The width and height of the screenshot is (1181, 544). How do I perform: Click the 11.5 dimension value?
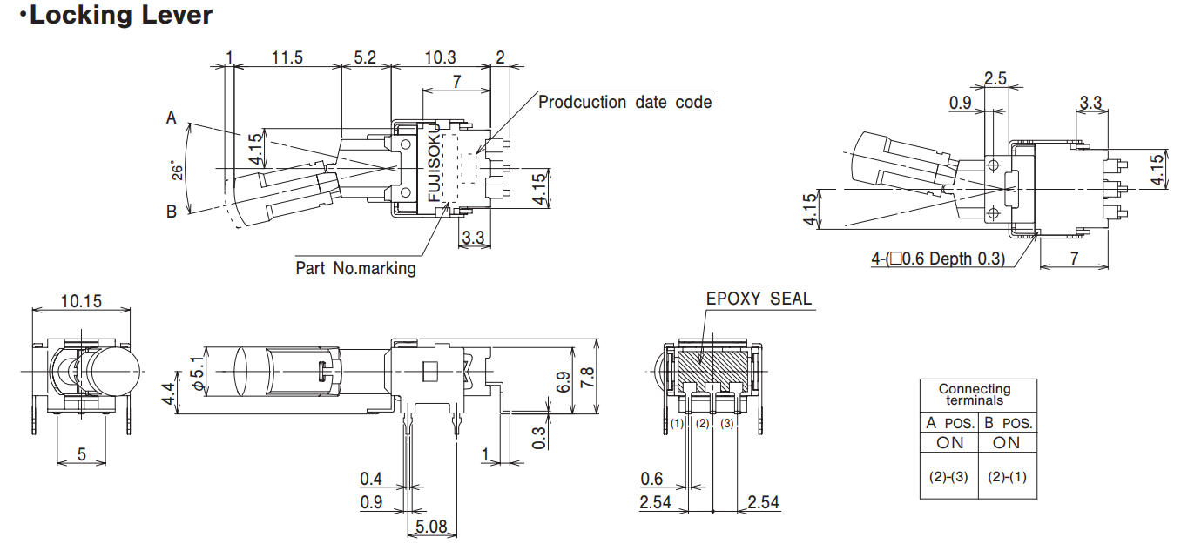coord(287,57)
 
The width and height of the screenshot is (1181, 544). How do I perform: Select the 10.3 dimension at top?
coord(440,57)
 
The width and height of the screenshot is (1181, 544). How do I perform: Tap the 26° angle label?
coord(178,171)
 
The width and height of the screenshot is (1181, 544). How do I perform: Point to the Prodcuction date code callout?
coord(624,103)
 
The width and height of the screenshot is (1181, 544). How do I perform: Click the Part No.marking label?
coord(355,268)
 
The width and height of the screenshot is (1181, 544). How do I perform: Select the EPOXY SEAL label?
coord(759,299)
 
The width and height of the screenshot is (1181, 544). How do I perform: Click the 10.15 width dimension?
coord(81,301)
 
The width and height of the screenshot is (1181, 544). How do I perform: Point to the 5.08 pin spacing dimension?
coord(432,527)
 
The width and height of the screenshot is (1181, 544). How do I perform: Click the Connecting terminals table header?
coord(978,394)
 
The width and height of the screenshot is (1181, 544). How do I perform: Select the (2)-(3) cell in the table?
coord(948,477)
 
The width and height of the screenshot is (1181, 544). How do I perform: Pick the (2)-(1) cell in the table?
coord(1006,477)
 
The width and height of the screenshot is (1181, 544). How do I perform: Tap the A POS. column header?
coord(948,424)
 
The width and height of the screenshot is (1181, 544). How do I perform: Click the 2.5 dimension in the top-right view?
coord(995,79)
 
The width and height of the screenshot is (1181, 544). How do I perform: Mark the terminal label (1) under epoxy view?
coord(678,424)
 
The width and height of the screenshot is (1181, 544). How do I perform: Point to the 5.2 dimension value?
coord(366,57)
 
